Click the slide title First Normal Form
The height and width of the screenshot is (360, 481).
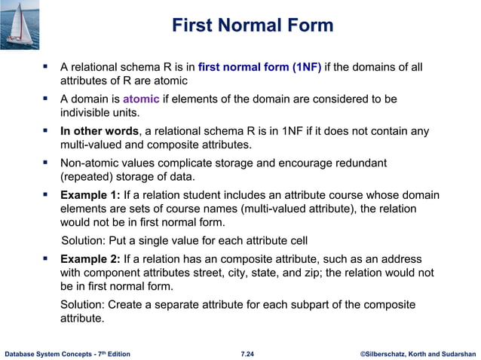click(252, 26)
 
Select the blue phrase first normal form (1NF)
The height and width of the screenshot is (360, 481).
click(259, 68)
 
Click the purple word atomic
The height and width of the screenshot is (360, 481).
click(141, 99)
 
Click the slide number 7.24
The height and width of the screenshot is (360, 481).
click(247, 352)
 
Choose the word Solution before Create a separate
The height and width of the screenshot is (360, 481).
click(83, 305)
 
